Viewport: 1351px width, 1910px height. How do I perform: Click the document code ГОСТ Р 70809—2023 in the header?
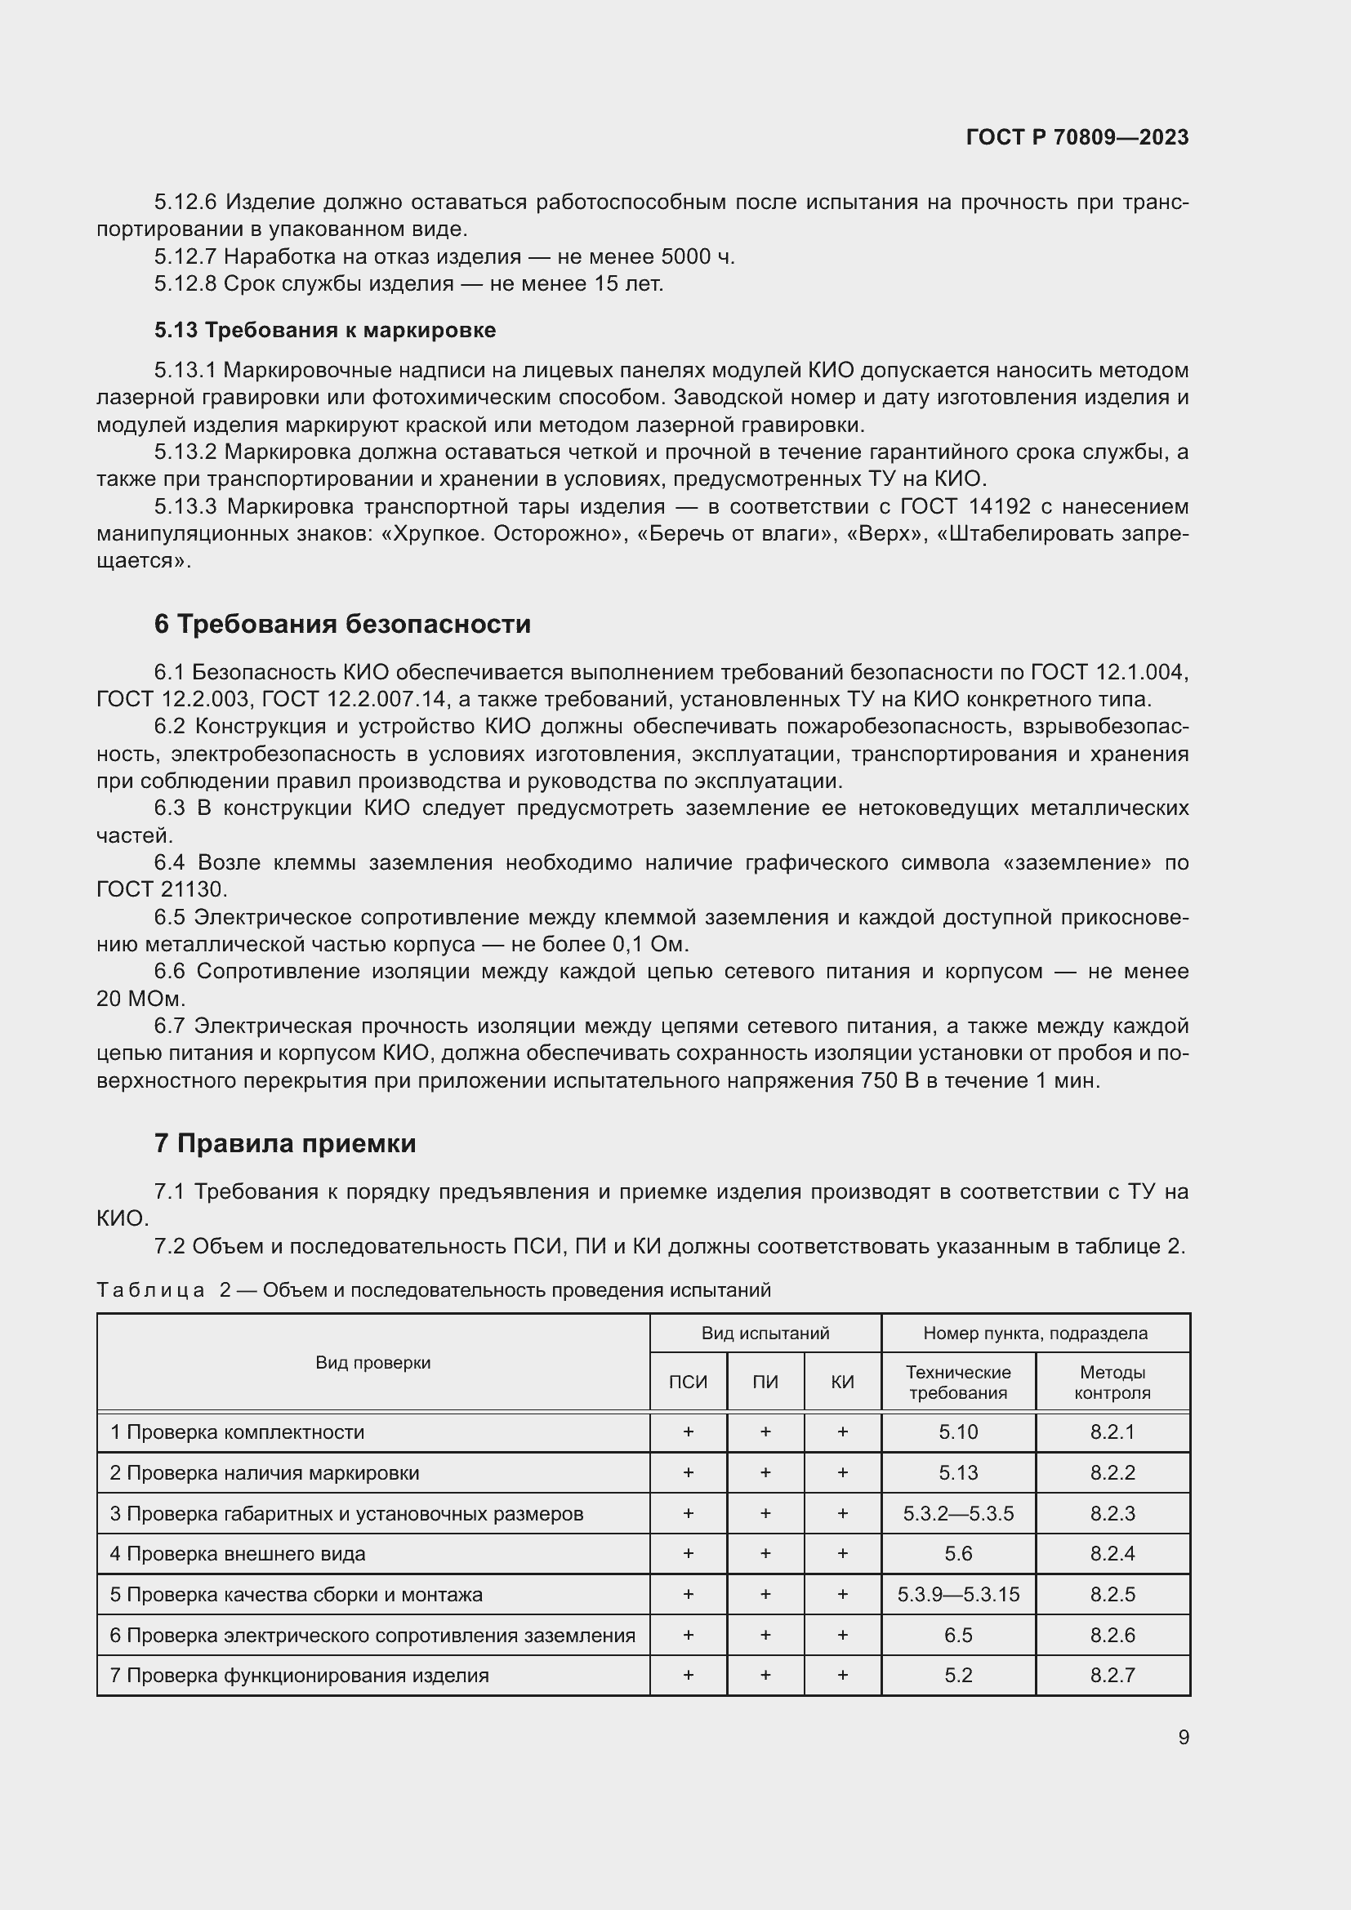pos(1077,137)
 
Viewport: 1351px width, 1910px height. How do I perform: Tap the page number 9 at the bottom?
pos(1183,1737)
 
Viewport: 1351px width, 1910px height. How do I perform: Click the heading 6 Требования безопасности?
pos(342,624)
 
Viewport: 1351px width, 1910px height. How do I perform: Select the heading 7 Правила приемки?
pos(284,1143)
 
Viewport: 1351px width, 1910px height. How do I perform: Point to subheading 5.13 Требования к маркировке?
pos(324,330)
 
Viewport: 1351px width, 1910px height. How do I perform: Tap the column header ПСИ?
pos(688,1382)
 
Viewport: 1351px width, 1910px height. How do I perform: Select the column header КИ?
pos(842,1382)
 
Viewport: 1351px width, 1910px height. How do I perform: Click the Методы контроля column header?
pos(1112,1382)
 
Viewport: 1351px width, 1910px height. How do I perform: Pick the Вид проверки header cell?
pos(372,1362)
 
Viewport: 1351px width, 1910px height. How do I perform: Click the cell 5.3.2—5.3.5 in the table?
pos(957,1513)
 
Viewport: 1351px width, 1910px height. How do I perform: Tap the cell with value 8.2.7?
pos(1112,1675)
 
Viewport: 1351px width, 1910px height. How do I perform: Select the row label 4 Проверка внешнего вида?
pos(238,1553)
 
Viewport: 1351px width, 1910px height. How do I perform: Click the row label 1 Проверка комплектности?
pos(237,1431)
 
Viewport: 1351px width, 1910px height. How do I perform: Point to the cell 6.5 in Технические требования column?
pos(957,1635)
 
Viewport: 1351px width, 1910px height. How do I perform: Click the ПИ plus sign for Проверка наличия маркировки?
pos(765,1472)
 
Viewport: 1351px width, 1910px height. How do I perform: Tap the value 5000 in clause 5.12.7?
pos(685,257)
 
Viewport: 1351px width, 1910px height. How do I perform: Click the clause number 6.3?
pos(170,808)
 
